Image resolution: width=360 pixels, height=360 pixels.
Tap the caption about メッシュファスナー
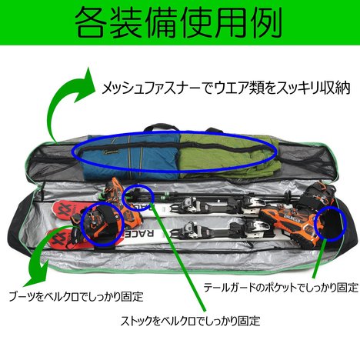click(226, 88)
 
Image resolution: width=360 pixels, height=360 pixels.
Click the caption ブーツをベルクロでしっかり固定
click(76, 297)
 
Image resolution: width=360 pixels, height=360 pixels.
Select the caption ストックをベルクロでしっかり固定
click(191, 321)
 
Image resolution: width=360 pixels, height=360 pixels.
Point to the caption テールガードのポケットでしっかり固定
click(281, 288)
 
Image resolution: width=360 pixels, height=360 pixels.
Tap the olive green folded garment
click(225, 156)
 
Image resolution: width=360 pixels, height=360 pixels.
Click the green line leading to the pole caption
click(178, 258)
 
